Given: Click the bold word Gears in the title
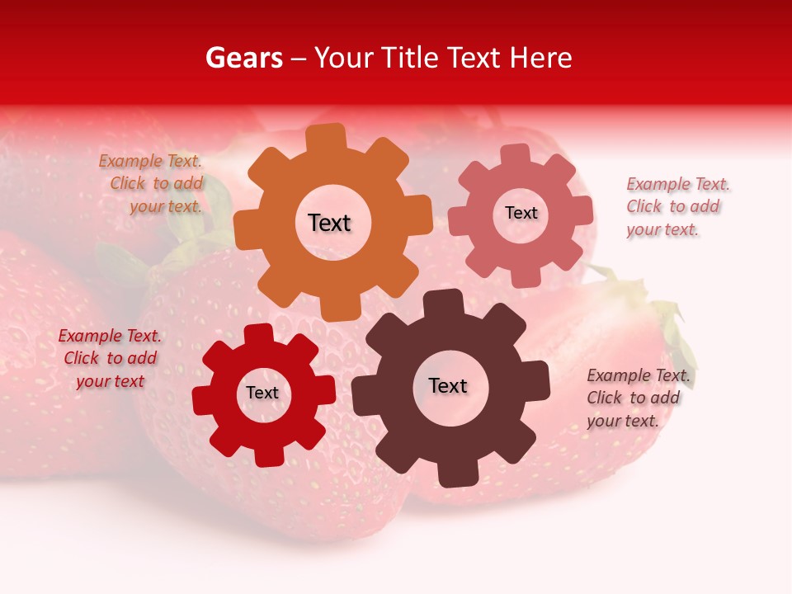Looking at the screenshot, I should [x=243, y=59].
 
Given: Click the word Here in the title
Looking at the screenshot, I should [x=540, y=59].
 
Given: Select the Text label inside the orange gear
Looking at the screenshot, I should [x=329, y=223].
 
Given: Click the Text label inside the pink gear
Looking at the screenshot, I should [x=521, y=213].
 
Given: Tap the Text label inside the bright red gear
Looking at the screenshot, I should [x=262, y=393].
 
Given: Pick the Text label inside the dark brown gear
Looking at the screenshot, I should [x=448, y=385].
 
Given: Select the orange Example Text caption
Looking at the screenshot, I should [x=152, y=184].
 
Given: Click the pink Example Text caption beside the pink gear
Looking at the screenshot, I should [x=676, y=207].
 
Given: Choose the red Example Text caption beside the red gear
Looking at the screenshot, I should [x=110, y=358].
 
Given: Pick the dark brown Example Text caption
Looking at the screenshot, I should [x=637, y=398].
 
